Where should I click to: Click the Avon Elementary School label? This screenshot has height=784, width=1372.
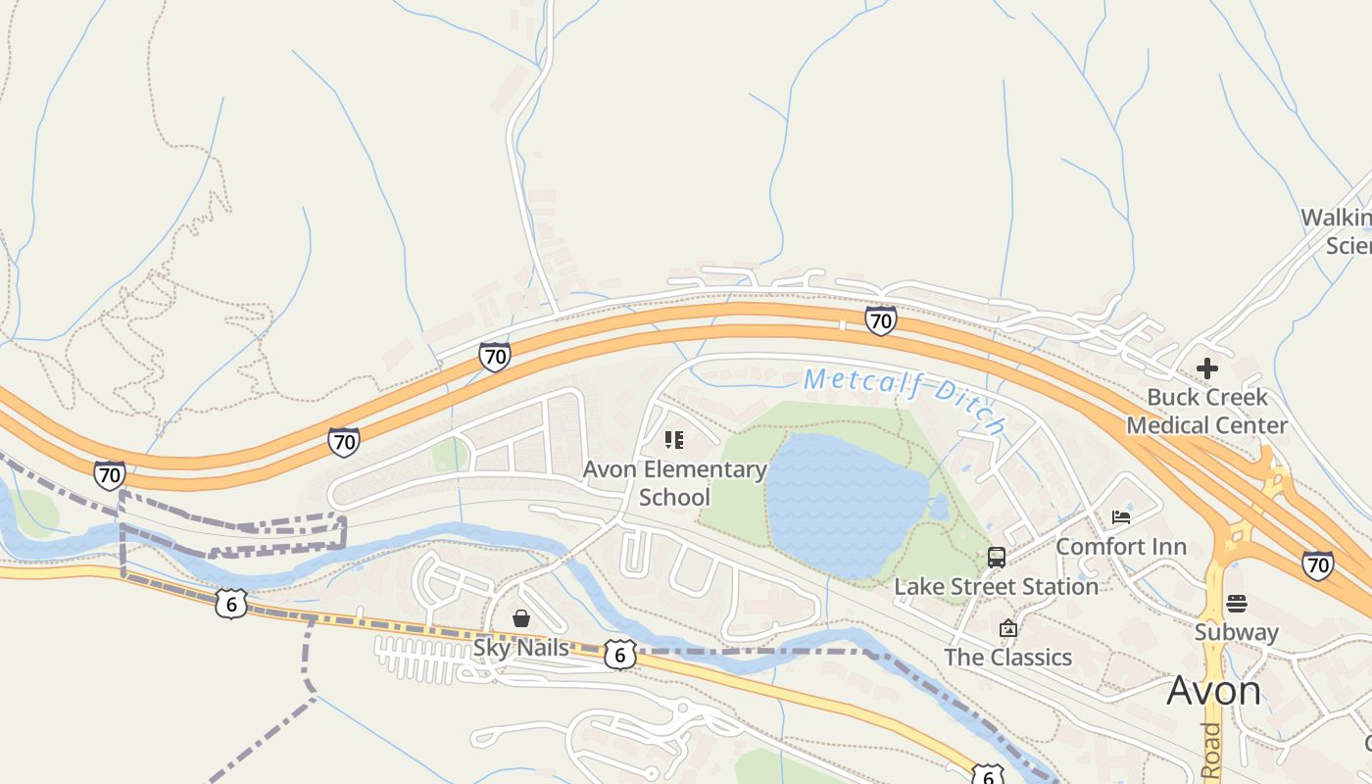pyautogui.click(x=674, y=483)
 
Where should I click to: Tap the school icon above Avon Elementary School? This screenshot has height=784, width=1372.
pyautogui.click(x=674, y=440)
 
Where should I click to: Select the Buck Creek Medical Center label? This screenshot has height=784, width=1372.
pyautogui.click(x=1206, y=412)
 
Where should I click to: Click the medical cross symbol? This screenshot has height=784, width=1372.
pyautogui.click(x=1206, y=368)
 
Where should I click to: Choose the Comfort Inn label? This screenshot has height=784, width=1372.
pyautogui.click(x=1120, y=546)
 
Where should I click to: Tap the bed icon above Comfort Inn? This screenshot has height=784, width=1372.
pyautogui.click(x=1121, y=516)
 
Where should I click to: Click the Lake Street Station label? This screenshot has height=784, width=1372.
pyautogui.click(x=996, y=586)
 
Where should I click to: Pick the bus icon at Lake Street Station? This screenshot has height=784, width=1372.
pyautogui.click(x=997, y=558)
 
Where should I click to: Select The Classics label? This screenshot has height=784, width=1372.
pyautogui.click(x=1007, y=657)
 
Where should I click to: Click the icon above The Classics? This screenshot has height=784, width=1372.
pyautogui.click(x=1007, y=628)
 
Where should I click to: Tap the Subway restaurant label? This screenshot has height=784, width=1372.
pyautogui.click(x=1236, y=632)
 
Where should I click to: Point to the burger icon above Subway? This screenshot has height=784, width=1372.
pyautogui.click(x=1237, y=603)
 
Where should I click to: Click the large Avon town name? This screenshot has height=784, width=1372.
pyautogui.click(x=1213, y=691)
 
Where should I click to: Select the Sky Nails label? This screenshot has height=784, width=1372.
pyautogui.click(x=520, y=648)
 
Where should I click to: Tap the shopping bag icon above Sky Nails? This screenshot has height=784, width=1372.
pyautogui.click(x=521, y=618)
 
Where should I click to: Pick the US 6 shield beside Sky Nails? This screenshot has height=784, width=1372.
pyautogui.click(x=619, y=655)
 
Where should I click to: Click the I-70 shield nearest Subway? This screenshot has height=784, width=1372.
pyautogui.click(x=1318, y=564)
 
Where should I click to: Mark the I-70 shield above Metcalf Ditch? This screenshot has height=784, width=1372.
pyautogui.click(x=880, y=319)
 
